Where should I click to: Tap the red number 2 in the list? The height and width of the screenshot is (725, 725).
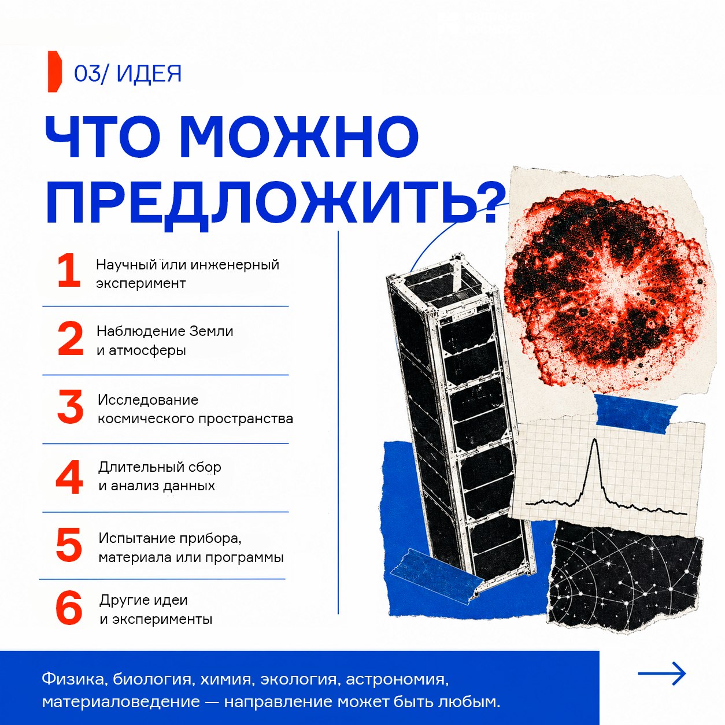[71, 339]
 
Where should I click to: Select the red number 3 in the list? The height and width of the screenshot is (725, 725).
[70, 407]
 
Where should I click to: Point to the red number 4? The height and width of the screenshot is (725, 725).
[69, 477]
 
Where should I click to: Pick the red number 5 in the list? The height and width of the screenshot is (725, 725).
[69, 545]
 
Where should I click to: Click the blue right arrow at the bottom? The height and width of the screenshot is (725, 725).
[662, 674]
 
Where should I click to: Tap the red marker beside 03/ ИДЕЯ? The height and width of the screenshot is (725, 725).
[54, 72]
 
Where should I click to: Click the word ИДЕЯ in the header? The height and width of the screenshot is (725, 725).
[149, 73]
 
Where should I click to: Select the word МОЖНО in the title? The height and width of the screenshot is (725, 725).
[299, 136]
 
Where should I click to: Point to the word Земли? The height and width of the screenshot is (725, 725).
[211, 331]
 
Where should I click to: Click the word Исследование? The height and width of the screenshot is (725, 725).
[148, 400]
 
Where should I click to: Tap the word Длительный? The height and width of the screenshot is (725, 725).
[140, 467]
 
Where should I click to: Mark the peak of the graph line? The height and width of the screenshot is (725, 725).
[595, 439]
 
